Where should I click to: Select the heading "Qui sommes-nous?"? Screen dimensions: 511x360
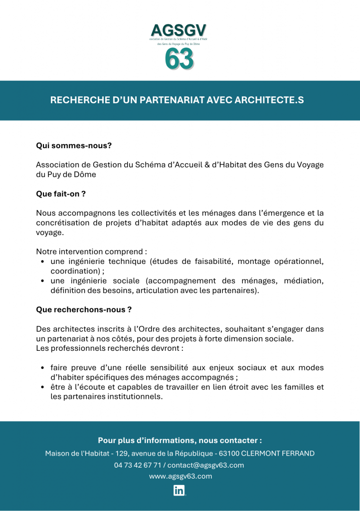[74, 146]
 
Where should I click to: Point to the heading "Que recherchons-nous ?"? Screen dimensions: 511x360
[84, 309]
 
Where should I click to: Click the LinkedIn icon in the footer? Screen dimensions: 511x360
[180, 490]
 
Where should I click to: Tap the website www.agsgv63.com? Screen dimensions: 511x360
[180, 476]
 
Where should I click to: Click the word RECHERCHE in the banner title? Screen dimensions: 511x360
[77, 100]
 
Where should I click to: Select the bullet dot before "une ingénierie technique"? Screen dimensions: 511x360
[43, 261]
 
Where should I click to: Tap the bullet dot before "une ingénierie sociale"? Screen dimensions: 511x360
[43, 281]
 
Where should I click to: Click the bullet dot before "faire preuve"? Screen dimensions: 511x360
[43, 368]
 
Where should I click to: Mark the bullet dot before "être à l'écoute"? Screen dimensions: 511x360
[43, 387]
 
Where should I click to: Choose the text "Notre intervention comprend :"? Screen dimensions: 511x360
[91, 252]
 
